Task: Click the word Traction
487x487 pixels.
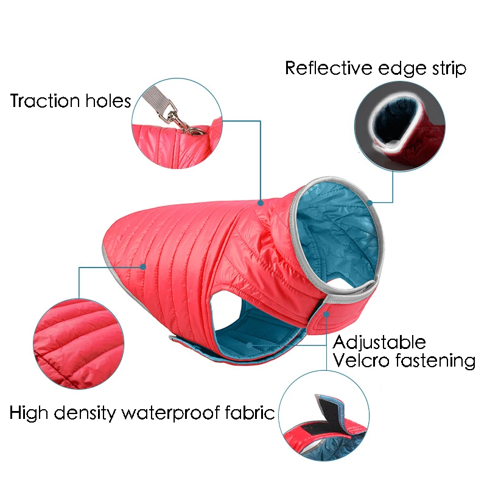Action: coord(45,101)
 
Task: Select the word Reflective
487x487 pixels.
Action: coord(328,68)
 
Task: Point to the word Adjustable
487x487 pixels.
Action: coord(379,342)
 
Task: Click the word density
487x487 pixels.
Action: coord(87,414)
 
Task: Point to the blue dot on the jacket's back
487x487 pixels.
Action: coord(261,204)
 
